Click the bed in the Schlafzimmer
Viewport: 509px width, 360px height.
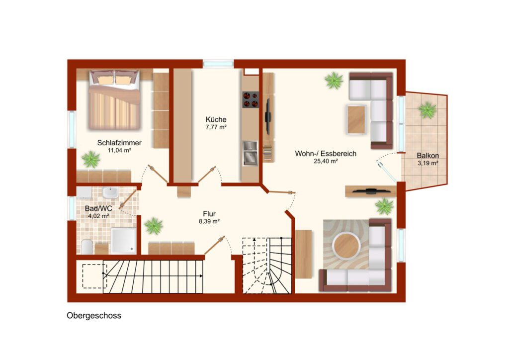click(x=115, y=100)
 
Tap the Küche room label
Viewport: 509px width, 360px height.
click(x=216, y=119)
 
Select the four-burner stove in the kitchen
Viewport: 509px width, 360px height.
click(x=251, y=99)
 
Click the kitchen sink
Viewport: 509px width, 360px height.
click(x=251, y=153)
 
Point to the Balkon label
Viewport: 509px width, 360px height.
click(x=428, y=156)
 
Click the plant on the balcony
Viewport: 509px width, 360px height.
click(x=427, y=110)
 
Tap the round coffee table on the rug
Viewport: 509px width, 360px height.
click(x=346, y=246)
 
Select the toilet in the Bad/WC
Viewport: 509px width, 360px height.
click(x=86, y=247)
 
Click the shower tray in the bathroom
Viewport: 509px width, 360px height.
click(x=124, y=241)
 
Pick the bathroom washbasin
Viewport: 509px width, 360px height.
click(x=110, y=192)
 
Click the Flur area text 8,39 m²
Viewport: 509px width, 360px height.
click(x=209, y=222)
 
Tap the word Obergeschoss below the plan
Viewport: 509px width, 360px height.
click(x=94, y=316)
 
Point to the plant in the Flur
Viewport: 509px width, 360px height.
click(x=154, y=226)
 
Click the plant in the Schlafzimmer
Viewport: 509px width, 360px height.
click(x=91, y=160)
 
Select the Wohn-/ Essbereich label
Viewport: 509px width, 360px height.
click(x=326, y=154)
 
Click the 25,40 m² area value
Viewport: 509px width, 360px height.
click(x=326, y=161)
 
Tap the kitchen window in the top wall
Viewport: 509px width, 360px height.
click(x=218, y=64)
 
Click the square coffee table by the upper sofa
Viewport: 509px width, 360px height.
click(x=356, y=119)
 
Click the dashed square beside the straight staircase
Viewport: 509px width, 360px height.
click(x=94, y=276)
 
